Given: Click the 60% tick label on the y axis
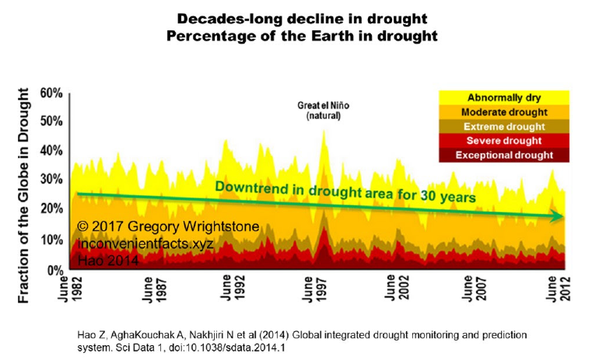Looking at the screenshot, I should [51, 93].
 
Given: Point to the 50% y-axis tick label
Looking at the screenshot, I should [51, 122].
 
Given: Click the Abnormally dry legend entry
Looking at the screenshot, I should [504, 98].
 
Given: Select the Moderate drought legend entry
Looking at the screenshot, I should [504, 112].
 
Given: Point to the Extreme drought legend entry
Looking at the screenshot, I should [504, 126].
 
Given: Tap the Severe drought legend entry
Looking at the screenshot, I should [504, 140].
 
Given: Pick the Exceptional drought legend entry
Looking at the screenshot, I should [504, 155].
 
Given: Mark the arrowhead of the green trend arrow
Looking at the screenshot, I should [558, 217].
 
